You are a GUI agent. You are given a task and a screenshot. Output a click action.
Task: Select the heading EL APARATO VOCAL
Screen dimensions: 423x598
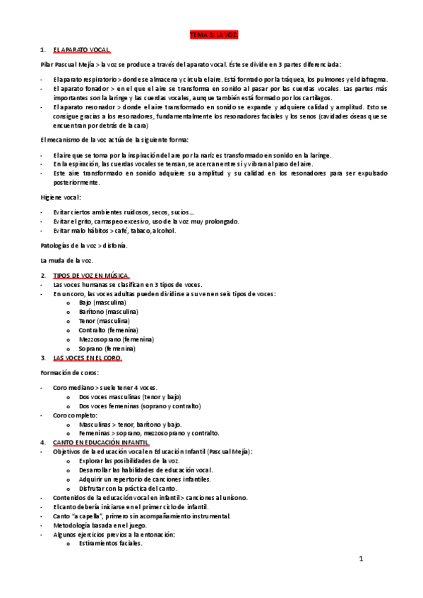coord(81,50)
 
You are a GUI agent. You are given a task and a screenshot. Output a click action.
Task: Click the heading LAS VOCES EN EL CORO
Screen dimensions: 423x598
coord(88,358)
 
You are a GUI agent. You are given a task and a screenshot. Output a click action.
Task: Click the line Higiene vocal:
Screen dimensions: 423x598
coord(61,197)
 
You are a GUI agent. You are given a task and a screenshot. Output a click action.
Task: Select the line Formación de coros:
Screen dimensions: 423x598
coord(69,372)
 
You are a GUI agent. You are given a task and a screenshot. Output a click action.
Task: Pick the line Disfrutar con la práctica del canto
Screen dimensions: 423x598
coord(129,489)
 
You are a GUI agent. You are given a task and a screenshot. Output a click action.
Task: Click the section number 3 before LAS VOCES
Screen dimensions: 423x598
coord(43,358)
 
